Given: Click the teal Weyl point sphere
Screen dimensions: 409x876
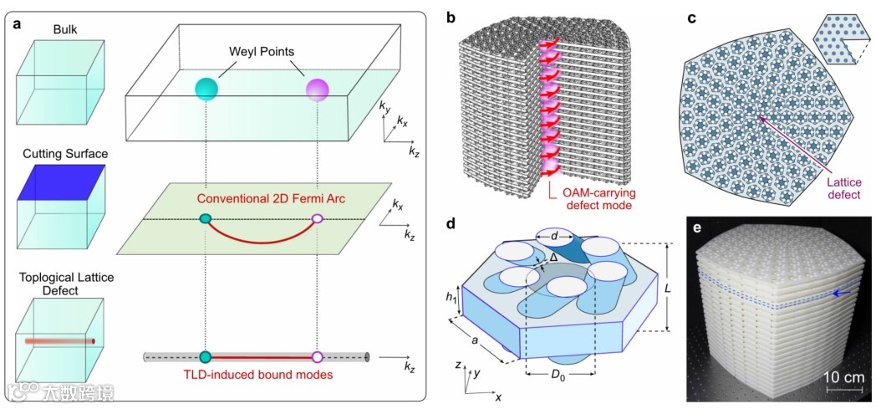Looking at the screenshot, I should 206,87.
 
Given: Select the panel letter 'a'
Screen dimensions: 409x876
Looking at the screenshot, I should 17,23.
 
